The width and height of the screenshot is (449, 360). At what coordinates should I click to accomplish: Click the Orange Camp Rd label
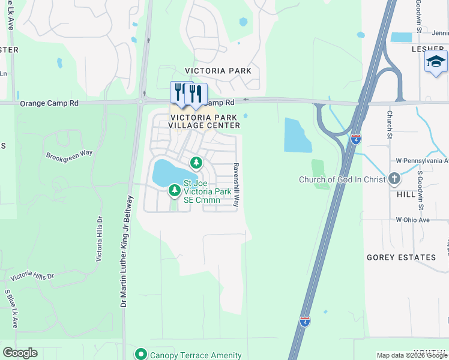pos(49,103)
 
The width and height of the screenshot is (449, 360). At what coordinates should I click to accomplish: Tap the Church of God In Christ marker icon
pos(394,179)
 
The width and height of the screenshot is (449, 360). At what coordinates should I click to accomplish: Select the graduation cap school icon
pos(436,61)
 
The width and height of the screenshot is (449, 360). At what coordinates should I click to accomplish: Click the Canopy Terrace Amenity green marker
pos(141,355)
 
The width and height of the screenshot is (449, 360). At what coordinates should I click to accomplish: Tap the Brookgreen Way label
pos(70,154)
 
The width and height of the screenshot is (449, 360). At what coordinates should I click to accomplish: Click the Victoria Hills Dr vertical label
pos(100,239)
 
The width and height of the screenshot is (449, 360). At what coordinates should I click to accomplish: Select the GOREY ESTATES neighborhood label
pos(402,257)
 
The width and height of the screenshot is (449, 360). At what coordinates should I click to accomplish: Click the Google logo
pos(20,353)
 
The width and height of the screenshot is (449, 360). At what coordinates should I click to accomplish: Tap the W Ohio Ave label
pos(412,220)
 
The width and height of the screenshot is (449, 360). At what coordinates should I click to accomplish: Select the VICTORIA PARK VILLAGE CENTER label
pos(205,121)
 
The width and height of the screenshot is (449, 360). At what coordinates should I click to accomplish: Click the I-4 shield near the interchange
pos(356,139)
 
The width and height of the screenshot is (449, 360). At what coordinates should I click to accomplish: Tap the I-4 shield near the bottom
pos(305,322)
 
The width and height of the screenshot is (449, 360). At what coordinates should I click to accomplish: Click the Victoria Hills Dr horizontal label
pos(32,276)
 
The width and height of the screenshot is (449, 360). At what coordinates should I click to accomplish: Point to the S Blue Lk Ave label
pos(12,308)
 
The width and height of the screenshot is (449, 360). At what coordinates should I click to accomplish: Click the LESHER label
pos(412,50)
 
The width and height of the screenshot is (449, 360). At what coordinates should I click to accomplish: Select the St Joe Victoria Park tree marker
pos(174,191)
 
